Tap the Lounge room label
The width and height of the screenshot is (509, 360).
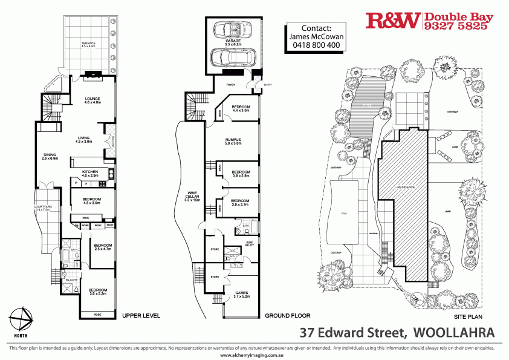tap(92, 99)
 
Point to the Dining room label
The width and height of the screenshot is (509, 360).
tap(50, 156)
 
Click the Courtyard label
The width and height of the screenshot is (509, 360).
tap(44, 208)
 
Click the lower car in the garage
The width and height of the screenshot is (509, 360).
tap(232, 58)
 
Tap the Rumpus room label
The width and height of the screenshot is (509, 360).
tap(233, 140)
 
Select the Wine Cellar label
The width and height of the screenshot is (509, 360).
tap(193, 197)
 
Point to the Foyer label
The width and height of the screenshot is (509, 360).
tap(230, 85)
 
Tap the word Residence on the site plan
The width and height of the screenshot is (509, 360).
tap(406, 188)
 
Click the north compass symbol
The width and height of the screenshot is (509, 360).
tap(22, 319)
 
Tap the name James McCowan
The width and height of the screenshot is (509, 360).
tap(316, 36)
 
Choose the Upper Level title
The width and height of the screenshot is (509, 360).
tap(141, 316)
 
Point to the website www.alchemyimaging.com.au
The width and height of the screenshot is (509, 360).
tap(253, 356)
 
